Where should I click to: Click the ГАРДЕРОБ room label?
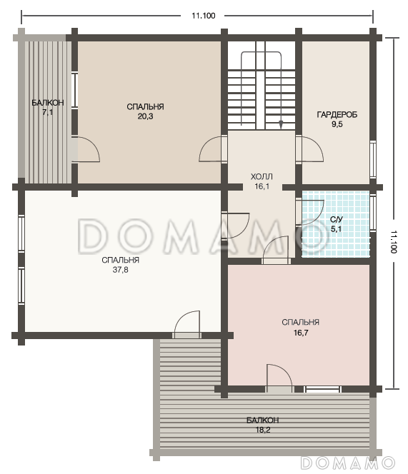pyautogui.click(x=337, y=114)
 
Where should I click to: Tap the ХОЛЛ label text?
pyautogui.click(x=262, y=176)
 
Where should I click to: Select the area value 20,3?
pyautogui.click(x=145, y=116)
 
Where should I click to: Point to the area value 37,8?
pyautogui.click(x=121, y=270)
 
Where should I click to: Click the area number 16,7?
pyautogui.click(x=301, y=333)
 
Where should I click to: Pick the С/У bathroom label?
pyautogui.click(x=337, y=219)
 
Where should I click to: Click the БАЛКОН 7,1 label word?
pyautogui.click(x=48, y=103)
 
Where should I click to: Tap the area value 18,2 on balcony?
pyautogui.click(x=263, y=430)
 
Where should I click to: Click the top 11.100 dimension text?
pyautogui.click(x=204, y=16)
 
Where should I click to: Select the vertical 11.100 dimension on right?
pyautogui.click(x=394, y=241)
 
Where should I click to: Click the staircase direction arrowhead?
pyautogui.click(x=281, y=124)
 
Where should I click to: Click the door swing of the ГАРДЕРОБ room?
pyautogui.click(x=309, y=149)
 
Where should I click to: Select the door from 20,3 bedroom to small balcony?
pyautogui.click(x=86, y=149)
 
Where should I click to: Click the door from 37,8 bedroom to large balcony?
pyautogui.click(x=186, y=324)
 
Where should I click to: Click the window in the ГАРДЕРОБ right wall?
pyautogui.click(x=372, y=159)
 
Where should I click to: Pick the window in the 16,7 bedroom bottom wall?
pyautogui.click(x=322, y=389)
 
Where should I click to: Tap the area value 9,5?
pyautogui.click(x=337, y=124)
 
